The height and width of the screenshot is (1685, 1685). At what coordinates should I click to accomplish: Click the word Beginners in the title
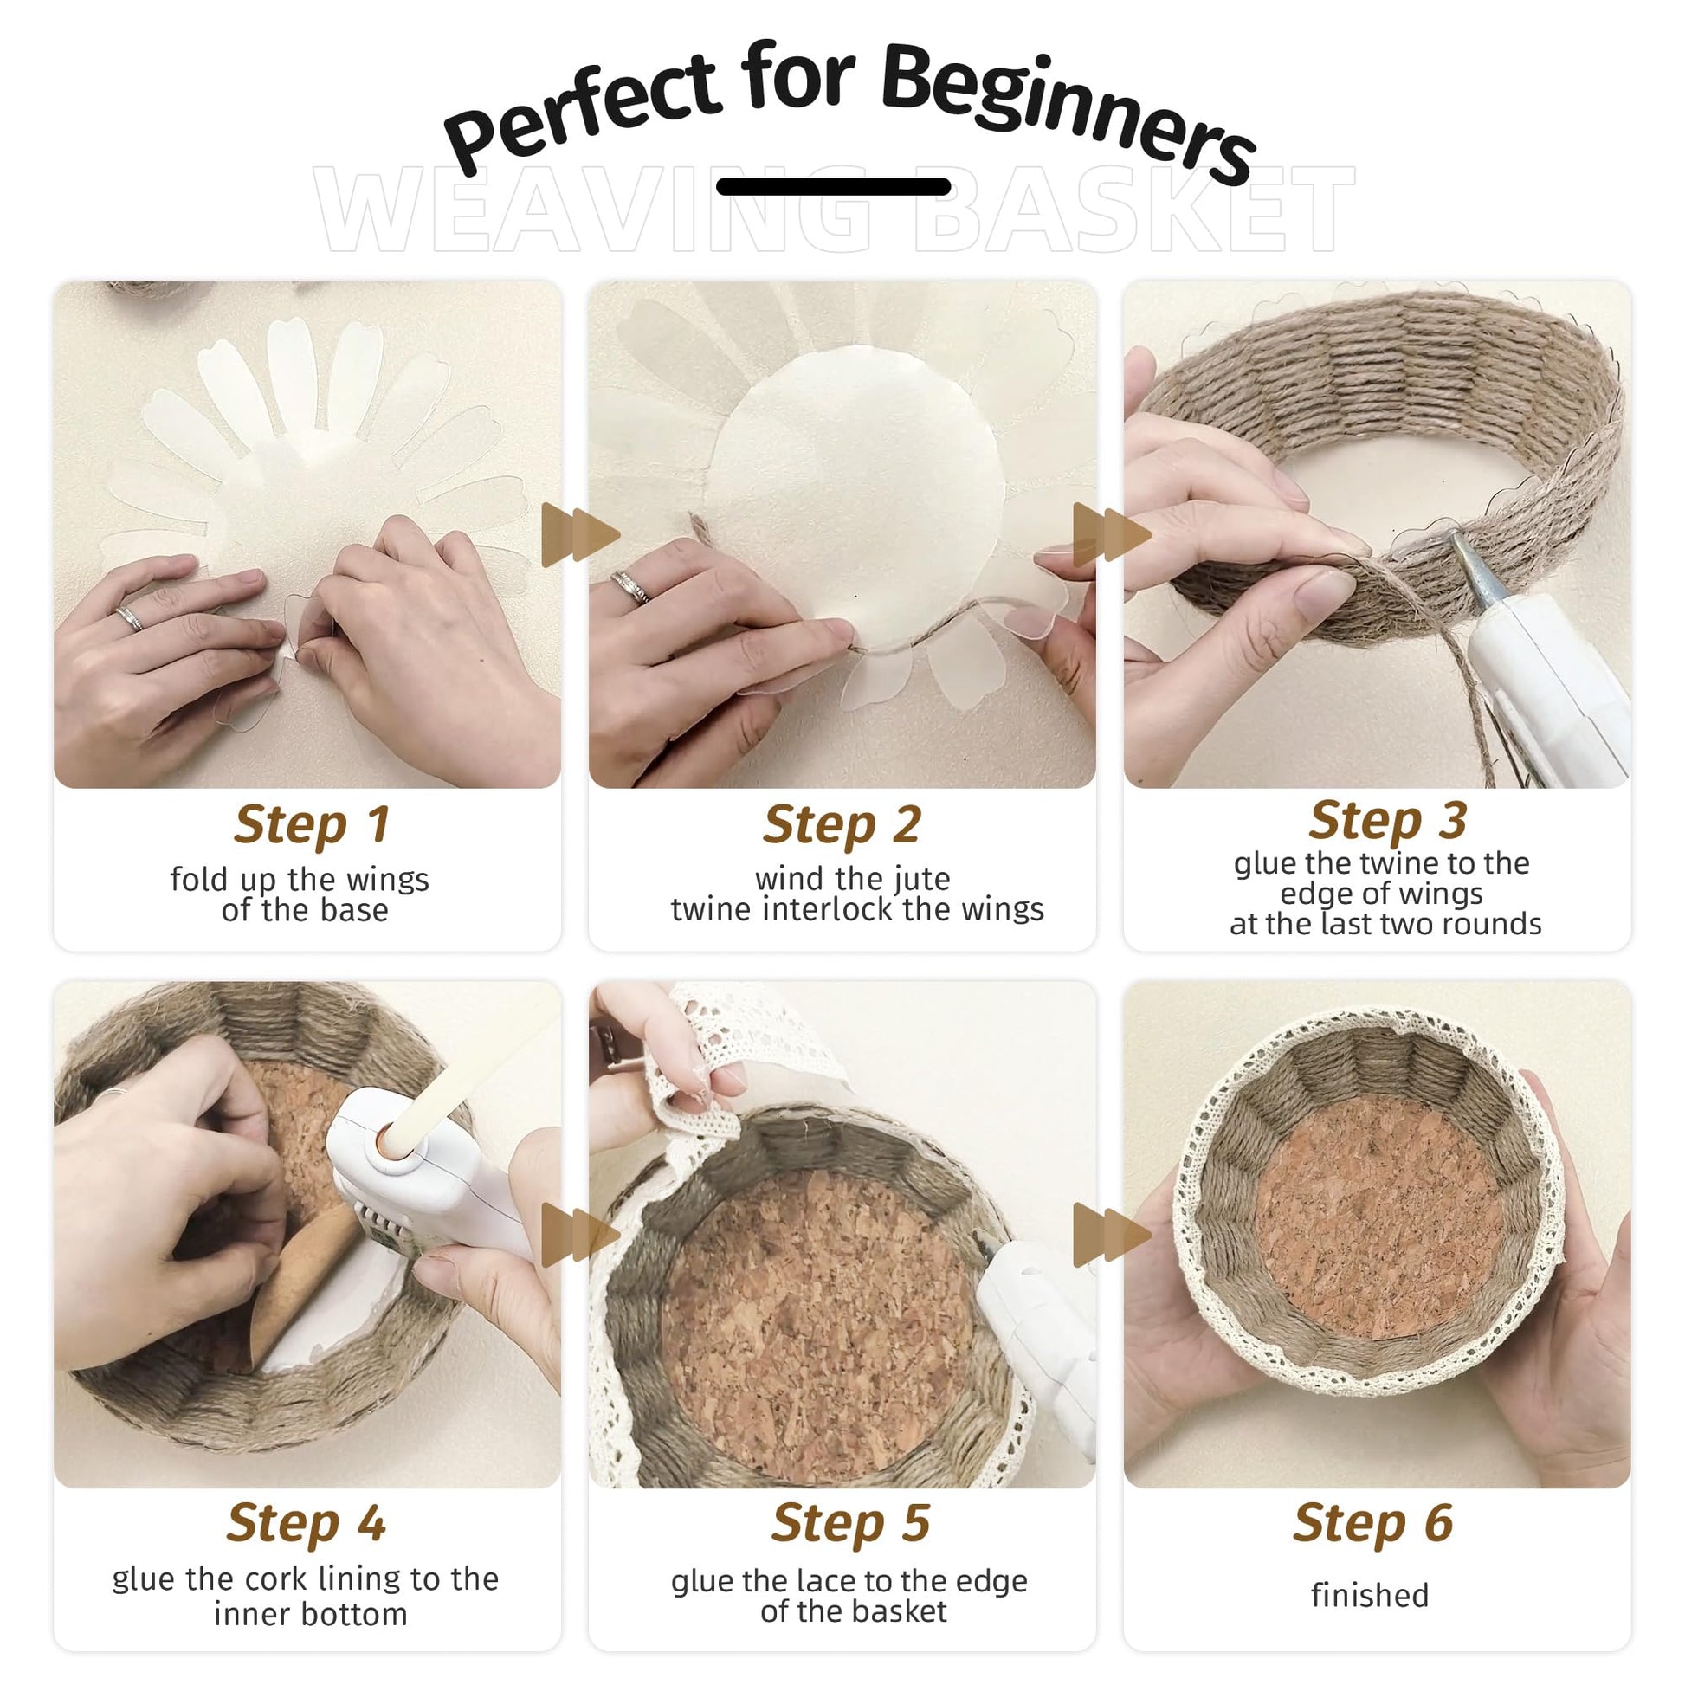point(1068,109)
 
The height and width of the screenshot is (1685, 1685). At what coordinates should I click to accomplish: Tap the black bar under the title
point(833,186)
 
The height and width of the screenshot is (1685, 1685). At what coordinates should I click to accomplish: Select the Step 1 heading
point(312,824)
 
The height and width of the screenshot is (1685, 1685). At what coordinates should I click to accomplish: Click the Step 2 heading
point(842,824)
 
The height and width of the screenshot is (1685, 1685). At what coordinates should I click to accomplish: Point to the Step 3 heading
point(1388,820)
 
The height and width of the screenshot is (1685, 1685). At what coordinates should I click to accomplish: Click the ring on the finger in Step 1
point(128,618)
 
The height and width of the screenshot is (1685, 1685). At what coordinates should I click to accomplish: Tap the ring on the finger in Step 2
point(629,586)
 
